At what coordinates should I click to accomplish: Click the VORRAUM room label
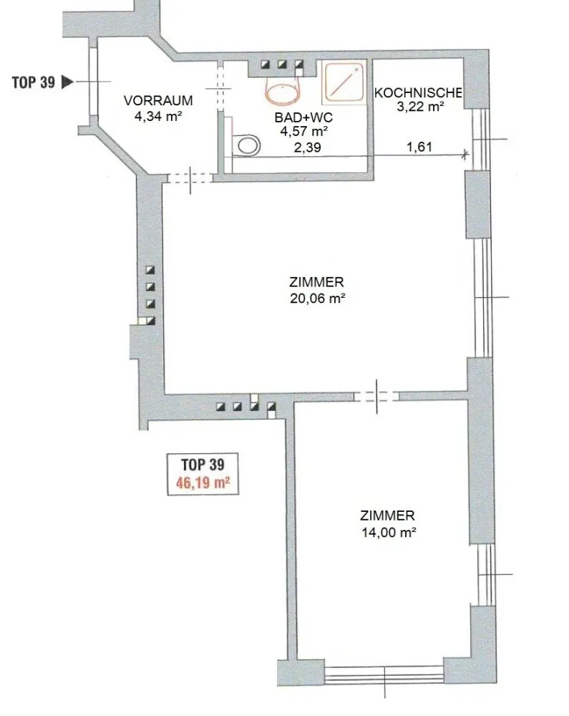pyautogui.click(x=158, y=100)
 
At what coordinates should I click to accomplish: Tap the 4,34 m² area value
pyautogui.click(x=158, y=116)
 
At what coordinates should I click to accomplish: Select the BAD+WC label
pyautogui.click(x=303, y=117)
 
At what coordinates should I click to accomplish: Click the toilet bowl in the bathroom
pyautogui.click(x=246, y=145)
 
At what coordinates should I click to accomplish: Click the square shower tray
pyautogui.click(x=344, y=82)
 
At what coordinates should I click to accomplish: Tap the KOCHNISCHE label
pyautogui.click(x=418, y=92)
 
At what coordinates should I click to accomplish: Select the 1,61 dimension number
pyautogui.click(x=419, y=147)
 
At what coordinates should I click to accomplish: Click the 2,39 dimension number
pyautogui.click(x=307, y=147)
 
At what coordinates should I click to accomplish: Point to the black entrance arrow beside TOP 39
pyautogui.click(x=67, y=82)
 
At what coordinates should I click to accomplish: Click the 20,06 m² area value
pyautogui.click(x=317, y=299)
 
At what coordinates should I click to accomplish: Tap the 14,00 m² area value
pyautogui.click(x=389, y=533)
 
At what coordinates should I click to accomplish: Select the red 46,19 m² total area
pyautogui.click(x=203, y=482)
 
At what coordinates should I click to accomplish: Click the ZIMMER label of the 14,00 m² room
pyautogui.click(x=387, y=516)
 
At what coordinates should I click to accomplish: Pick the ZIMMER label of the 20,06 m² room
pyautogui.click(x=316, y=282)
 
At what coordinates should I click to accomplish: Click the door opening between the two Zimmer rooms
pyautogui.click(x=376, y=397)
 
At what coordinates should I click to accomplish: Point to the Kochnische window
pyautogui.click(x=481, y=140)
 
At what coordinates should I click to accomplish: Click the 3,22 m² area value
pyautogui.click(x=420, y=107)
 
